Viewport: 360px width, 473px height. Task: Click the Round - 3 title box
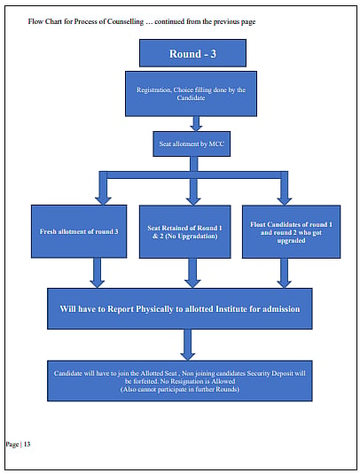click(x=192, y=53)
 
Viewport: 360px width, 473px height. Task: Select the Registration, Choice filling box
click(x=191, y=94)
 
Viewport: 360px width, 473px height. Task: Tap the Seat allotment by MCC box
click(x=192, y=143)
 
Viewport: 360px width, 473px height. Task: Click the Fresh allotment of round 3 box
click(x=79, y=231)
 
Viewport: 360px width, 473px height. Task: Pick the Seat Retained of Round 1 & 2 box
click(x=184, y=232)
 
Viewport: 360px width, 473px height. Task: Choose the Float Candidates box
click(x=291, y=232)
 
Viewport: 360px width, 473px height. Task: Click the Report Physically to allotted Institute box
click(x=180, y=308)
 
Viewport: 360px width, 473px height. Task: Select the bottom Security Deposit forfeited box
click(x=180, y=381)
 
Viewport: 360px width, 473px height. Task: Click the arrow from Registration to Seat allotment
click(x=196, y=124)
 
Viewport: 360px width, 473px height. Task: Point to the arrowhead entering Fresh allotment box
click(x=103, y=201)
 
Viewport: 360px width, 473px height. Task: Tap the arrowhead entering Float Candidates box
click(x=284, y=201)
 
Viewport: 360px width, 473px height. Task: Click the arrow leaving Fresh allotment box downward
click(x=97, y=273)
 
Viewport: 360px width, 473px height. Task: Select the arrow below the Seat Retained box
click(x=192, y=273)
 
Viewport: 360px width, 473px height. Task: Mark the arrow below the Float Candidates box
click(x=284, y=273)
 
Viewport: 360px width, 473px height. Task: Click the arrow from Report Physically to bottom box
click(x=188, y=345)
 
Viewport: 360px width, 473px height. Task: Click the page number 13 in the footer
click(x=27, y=444)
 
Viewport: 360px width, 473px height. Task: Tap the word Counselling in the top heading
click(x=125, y=22)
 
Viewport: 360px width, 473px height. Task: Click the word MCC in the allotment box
click(x=216, y=143)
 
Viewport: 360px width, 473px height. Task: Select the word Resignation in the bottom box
click(x=187, y=381)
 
